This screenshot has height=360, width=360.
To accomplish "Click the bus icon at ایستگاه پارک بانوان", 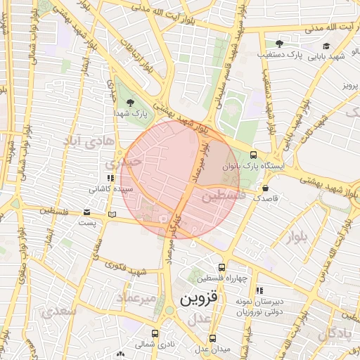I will tap(253, 155).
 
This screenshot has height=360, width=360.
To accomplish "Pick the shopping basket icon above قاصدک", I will tap(266, 188).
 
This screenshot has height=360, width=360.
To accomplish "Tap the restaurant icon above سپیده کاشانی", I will tap(110, 178).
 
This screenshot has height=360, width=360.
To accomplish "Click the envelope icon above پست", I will tap(86, 212).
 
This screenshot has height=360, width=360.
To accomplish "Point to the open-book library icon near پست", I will tap(111, 214).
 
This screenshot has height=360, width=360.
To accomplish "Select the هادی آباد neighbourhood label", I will tap(88, 142).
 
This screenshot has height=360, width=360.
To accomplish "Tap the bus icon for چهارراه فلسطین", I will tap(222, 267).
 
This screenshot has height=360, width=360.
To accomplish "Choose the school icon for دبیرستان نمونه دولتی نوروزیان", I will tap(259, 290).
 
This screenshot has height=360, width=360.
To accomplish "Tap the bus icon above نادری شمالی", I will tap(155, 333).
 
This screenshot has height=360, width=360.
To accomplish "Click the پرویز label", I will tap(350, 85).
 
